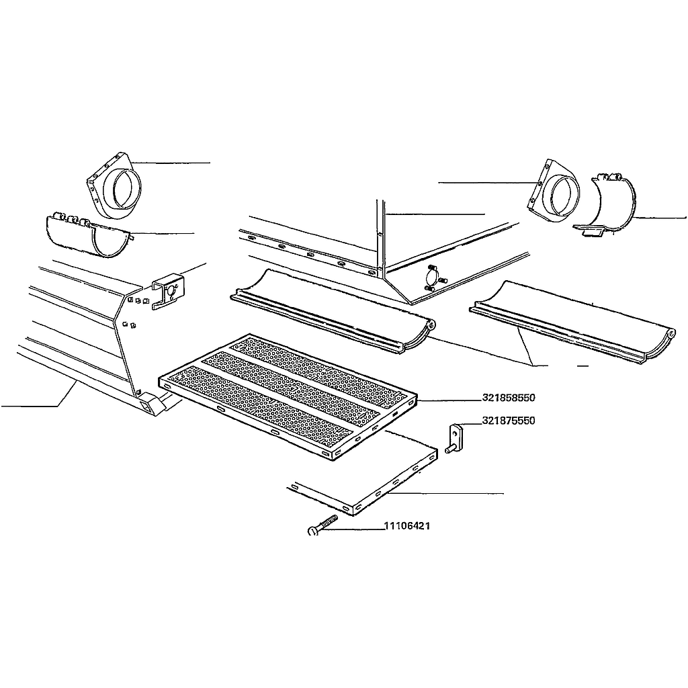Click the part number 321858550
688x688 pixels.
pos(509,398)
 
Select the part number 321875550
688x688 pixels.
pos(509,421)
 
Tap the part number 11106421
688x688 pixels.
pos(407,525)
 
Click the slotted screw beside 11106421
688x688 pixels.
pos(323,525)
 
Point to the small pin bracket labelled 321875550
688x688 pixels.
pos(456,438)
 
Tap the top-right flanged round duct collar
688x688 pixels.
pos(553,191)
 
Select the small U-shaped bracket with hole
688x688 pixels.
pos(169,290)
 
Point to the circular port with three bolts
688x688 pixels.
pos(433,278)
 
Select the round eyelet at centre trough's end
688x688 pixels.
pos(432,325)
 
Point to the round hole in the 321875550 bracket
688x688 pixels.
pos(456,433)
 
